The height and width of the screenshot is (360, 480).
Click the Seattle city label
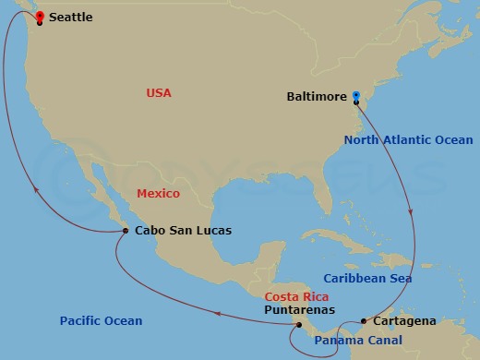[70, 18]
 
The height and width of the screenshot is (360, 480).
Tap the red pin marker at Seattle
[40, 16]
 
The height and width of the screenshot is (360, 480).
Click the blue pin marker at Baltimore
[356, 94]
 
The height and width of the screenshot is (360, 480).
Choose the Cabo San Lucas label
[183, 231]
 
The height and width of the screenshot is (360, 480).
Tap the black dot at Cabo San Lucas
[126, 232]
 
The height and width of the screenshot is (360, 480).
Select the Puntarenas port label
[299, 311]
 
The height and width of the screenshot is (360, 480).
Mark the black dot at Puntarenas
[300, 324]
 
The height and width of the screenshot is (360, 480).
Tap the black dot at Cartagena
[365, 321]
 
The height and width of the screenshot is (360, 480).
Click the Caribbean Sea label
[367, 278]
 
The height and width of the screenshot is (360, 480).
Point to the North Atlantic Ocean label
[408, 140]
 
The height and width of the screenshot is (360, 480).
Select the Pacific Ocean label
[101, 321]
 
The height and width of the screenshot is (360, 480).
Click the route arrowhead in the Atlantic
[412, 212]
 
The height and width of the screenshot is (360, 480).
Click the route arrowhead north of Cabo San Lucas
[35, 191]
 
